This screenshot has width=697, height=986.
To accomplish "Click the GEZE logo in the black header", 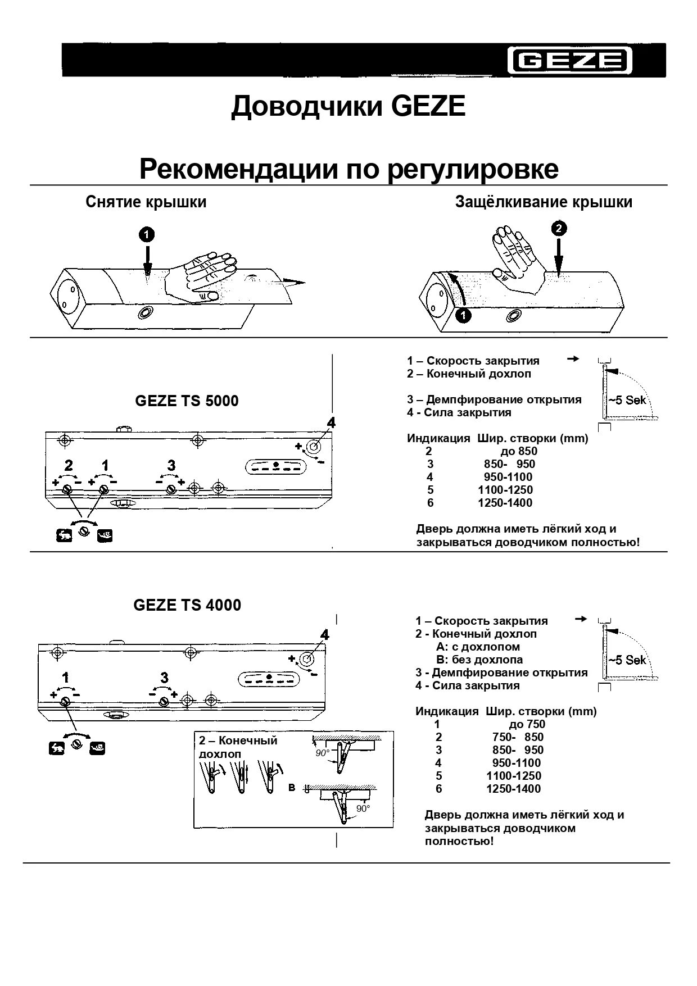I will (571, 60).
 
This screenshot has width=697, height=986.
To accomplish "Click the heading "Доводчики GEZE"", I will (348, 106).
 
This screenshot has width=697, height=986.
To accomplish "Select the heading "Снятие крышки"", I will (146, 202).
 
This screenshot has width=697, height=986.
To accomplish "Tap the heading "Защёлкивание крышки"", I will (544, 202).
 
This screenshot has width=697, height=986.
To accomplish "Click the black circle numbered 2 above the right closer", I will (559, 229).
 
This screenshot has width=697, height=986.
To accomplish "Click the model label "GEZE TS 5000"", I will (187, 401).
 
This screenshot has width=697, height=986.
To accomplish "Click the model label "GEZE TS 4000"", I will (187, 606).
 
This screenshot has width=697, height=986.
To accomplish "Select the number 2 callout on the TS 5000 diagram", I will (69, 465).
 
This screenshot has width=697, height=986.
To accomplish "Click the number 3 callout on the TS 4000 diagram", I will (164, 678).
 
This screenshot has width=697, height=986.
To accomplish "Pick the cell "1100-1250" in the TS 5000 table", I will (505, 490).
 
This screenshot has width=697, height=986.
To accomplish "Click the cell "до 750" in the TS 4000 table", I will (527, 725).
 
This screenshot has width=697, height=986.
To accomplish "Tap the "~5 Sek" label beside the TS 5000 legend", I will (627, 401).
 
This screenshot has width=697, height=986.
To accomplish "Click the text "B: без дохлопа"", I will (479, 660).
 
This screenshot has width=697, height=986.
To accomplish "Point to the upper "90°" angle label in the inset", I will (322, 753).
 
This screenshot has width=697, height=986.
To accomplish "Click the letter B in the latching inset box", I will (292, 788).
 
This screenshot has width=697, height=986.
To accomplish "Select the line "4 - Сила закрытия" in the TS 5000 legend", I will (459, 413).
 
